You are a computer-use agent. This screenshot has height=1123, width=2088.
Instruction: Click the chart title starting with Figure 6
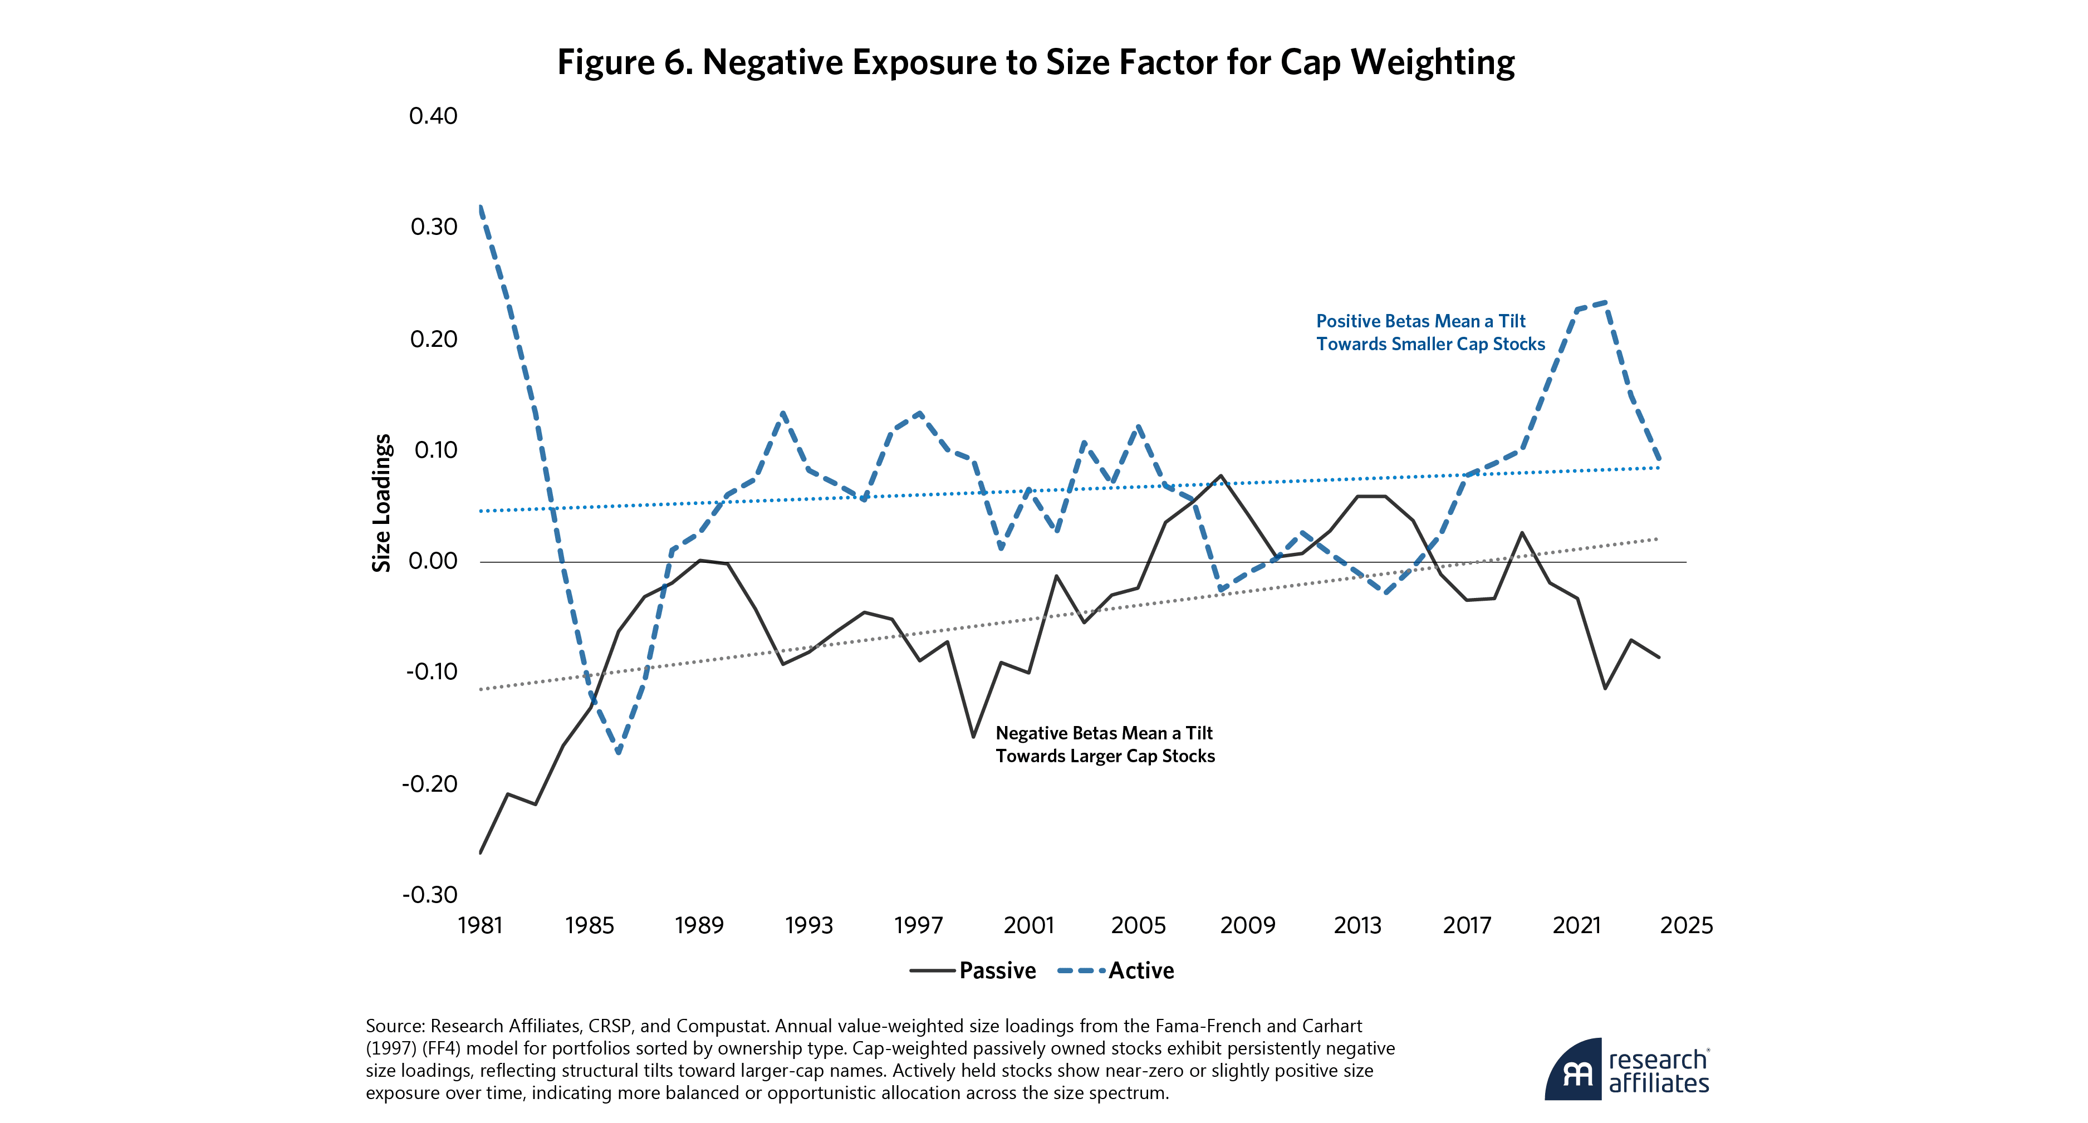point(1035,62)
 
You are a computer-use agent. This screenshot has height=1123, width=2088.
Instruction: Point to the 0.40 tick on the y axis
point(433,116)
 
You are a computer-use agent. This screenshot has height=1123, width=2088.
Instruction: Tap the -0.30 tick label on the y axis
point(430,895)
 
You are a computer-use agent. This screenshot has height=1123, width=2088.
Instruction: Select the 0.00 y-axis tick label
point(433,561)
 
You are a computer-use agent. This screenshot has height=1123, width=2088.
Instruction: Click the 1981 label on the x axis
point(480,925)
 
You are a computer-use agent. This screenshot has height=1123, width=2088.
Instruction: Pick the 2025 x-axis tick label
point(1686,925)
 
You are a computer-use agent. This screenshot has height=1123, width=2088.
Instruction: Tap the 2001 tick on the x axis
point(1028,925)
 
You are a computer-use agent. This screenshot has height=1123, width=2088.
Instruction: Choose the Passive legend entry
point(973,970)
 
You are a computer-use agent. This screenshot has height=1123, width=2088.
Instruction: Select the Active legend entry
point(1116,970)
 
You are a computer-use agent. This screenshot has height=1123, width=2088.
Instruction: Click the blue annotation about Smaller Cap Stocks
point(1430,333)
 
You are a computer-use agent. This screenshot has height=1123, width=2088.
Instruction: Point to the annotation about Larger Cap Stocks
point(1105,744)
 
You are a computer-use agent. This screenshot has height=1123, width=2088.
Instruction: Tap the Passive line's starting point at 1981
point(481,853)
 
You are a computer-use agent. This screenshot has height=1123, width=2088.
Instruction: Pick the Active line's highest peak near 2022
point(1605,302)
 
